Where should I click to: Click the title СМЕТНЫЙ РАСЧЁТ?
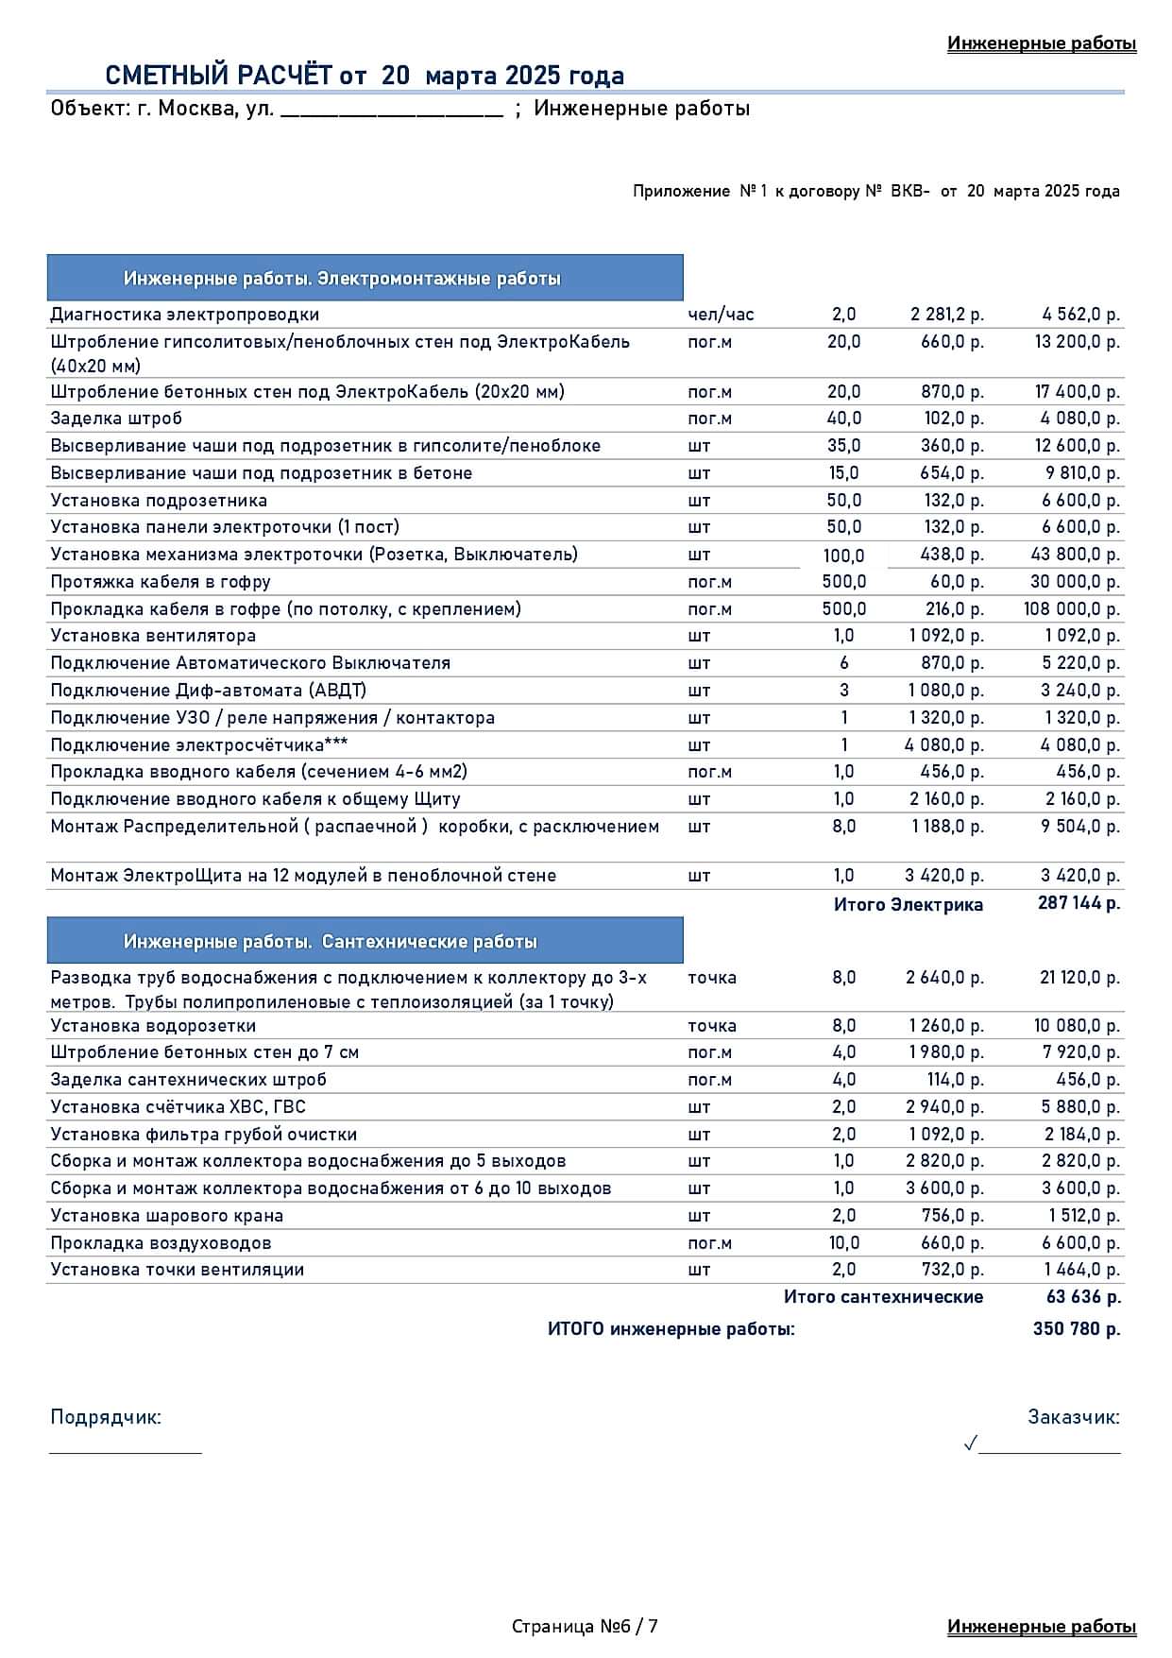pyautogui.click(x=364, y=76)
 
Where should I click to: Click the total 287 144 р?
pyautogui.click(x=1079, y=903)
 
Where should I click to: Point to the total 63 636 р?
pyautogui.click(x=1083, y=1297)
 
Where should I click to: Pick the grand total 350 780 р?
pyautogui.click(x=1077, y=1329)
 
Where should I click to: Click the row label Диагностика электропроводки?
pyautogui.click(x=185, y=315)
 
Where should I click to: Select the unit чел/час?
pyautogui.click(x=721, y=315)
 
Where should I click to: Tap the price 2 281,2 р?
pyautogui.click(x=946, y=315)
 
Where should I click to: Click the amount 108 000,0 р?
pyautogui.click(x=1071, y=609)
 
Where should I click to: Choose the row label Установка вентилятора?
pyautogui.click(x=153, y=636)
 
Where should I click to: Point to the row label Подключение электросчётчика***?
pyautogui.click(x=199, y=744)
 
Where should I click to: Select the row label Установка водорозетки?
pyautogui.click(x=153, y=1026)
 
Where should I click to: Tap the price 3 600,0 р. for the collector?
pyautogui.click(x=944, y=1188)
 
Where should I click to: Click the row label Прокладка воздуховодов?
pyautogui.click(x=161, y=1243)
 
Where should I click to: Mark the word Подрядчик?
pyautogui.click(x=106, y=1417)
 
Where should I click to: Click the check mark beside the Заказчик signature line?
pyautogui.click(x=970, y=1444)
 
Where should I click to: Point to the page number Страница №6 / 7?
pyautogui.click(x=585, y=1626)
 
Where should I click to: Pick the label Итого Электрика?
pyautogui.click(x=908, y=905)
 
